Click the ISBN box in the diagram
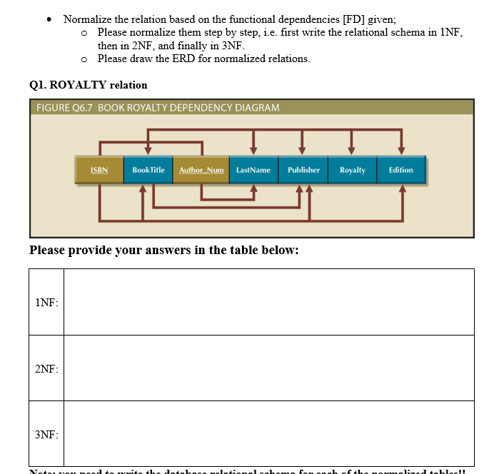(99, 170)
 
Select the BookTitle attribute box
(148, 170)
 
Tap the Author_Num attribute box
(201, 170)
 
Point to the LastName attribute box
(253, 170)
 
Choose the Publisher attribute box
(303, 170)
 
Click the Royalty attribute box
(352, 170)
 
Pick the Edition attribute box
(400, 170)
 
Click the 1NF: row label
(46, 303)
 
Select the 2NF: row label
(46, 368)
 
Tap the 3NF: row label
(46, 435)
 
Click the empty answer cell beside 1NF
(268, 302)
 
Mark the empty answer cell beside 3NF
(268, 433)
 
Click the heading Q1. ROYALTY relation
(89, 85)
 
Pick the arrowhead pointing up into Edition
(402, 189)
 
